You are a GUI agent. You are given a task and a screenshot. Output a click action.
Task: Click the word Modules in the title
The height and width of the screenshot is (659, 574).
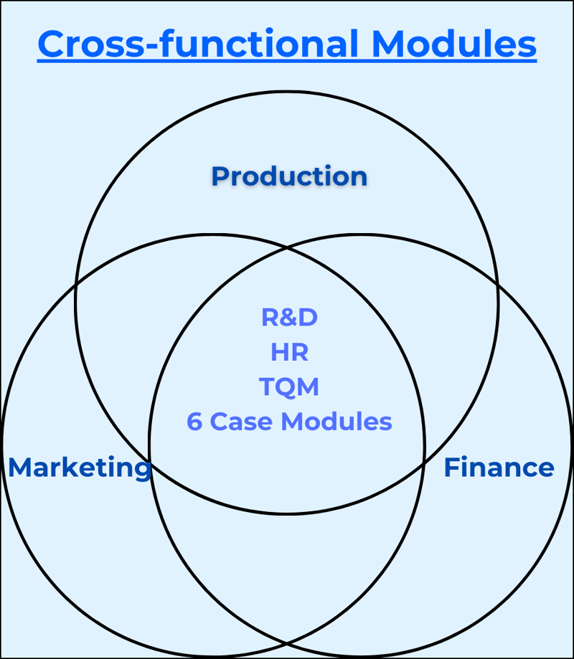click(454, 44)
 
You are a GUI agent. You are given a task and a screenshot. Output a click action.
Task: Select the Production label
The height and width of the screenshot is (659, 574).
click(289, 176)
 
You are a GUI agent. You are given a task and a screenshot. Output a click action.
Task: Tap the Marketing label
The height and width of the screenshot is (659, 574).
click(79, 468)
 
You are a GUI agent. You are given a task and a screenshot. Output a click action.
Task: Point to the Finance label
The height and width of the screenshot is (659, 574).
click(499, 468)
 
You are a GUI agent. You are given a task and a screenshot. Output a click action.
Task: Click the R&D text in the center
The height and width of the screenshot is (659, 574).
click(289, 318)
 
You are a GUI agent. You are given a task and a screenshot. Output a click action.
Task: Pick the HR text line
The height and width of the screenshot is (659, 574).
click(289, 352)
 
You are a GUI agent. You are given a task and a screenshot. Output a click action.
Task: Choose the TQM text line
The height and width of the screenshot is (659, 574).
click(289, 387)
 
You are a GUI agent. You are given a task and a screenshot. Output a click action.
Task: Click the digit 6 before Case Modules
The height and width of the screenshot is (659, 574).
click(194, 422)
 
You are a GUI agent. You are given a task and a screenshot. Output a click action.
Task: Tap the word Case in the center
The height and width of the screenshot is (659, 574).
click(242, 422)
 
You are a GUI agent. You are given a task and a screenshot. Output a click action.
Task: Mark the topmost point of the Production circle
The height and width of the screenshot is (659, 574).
click(287, 92)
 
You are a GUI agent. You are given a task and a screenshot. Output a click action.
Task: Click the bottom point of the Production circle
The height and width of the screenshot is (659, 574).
click(287, 513)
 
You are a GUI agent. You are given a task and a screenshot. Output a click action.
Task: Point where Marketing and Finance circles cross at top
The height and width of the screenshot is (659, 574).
click(287, 248)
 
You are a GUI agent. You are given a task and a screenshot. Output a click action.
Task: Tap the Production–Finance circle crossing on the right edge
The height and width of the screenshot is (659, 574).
click(498, 287)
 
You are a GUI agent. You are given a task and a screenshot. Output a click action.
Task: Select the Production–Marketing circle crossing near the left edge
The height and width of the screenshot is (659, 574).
click(76, 287)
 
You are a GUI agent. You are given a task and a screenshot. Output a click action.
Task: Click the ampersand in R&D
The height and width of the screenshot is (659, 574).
click(289, 318)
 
